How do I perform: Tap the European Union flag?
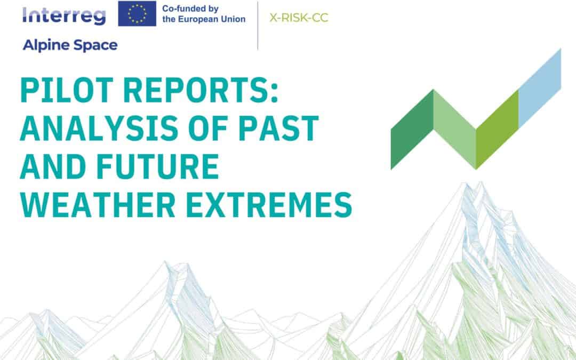tap(137, 13)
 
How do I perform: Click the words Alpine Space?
tap(70, 45)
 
